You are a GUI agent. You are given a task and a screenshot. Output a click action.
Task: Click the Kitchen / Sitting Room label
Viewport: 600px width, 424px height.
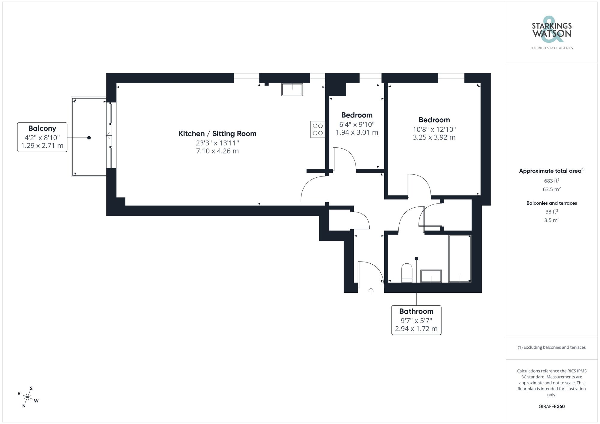[217, 134]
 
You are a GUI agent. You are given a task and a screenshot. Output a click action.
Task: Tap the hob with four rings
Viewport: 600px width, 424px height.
[318, 129]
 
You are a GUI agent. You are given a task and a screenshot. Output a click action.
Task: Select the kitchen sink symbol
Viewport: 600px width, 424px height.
[292, 89]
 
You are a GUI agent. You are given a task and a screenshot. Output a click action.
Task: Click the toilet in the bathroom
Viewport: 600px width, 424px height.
[407, 273]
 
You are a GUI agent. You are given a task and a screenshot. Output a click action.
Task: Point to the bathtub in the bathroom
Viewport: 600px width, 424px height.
[460, 258]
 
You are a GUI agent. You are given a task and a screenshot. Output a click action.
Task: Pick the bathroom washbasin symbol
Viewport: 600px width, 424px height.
[431, 276]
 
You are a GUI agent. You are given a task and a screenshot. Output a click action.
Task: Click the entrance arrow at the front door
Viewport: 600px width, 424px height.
[371, 291]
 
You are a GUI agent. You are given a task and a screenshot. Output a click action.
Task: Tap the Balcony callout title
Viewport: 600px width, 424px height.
[42, 128]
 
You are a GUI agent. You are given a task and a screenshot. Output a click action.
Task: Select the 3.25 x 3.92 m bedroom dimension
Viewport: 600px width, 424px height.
[434, 137]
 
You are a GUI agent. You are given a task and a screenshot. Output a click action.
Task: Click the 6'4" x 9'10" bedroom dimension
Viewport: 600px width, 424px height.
[357, 124]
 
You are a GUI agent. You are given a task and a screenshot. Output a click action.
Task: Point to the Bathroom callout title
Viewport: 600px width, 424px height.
[416, 311]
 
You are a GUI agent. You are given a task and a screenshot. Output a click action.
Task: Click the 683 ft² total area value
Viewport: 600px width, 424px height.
[551, 181]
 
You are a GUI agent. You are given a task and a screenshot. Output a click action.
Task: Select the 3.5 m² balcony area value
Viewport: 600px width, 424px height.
[551, 220]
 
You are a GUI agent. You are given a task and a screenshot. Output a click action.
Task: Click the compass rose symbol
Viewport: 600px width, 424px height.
[28, 398]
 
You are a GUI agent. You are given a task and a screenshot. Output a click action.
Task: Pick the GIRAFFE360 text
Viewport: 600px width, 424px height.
[551, 406]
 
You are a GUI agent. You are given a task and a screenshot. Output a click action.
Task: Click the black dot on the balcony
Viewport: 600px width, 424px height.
[89, 138]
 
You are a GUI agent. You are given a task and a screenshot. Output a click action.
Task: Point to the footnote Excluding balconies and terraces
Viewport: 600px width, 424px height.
[551, 347]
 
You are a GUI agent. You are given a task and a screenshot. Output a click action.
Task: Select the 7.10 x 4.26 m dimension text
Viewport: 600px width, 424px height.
[217, 151]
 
